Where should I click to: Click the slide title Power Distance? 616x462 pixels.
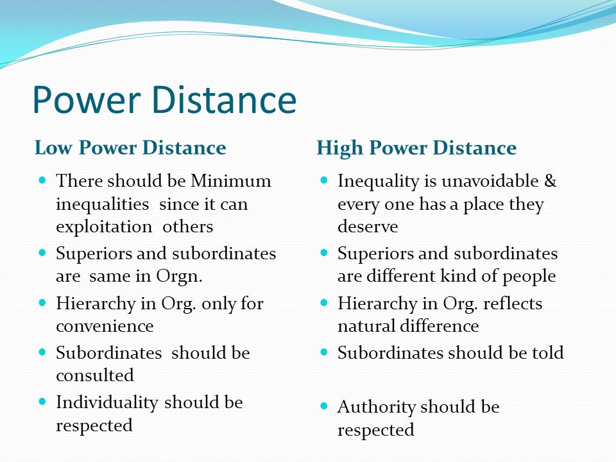coord(164,99)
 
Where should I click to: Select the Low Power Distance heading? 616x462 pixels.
coord(130,148)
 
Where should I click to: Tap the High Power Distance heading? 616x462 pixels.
coord(416,148)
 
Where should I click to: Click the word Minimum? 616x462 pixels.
coord(231,181)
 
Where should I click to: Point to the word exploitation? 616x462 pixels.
coord(104,227)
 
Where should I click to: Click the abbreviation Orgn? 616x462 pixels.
coord(179,276)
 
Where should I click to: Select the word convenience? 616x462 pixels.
coord(105,327)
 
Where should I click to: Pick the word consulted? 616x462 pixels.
coord(95,375)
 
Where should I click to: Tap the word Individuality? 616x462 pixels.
coord(107,403)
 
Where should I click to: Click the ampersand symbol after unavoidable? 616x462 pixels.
coord(551,181)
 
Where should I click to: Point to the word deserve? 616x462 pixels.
coord(368,227)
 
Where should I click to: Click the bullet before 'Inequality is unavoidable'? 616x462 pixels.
coord(323,180)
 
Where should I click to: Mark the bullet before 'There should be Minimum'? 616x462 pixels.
coord(42,180)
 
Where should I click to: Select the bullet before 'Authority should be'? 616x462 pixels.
coord(323,406)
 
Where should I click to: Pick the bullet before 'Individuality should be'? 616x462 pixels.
coord(42,402)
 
